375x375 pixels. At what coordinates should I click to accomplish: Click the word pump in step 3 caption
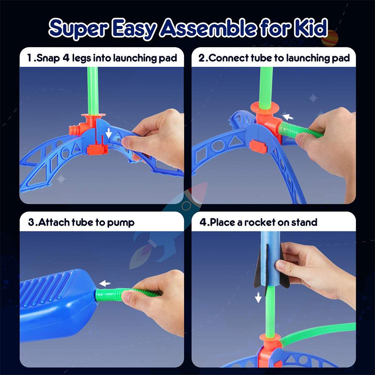121,222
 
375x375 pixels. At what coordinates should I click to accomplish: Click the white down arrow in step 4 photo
258,297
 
